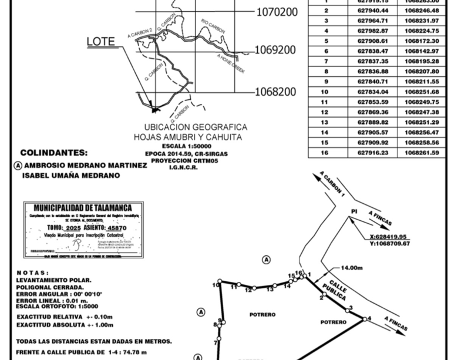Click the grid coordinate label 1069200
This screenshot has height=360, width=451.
(x=275, y=51)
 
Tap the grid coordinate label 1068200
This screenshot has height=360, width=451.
(x=275, y=92)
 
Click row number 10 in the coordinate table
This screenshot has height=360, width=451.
(x=325, y=92)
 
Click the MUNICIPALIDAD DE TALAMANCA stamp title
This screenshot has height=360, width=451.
(x=82, y=208)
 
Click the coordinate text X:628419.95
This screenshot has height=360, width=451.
(x=389, y=237)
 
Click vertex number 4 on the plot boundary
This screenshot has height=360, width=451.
(x=369, y=319)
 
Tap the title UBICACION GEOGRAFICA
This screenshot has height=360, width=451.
(x=196, y=127)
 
